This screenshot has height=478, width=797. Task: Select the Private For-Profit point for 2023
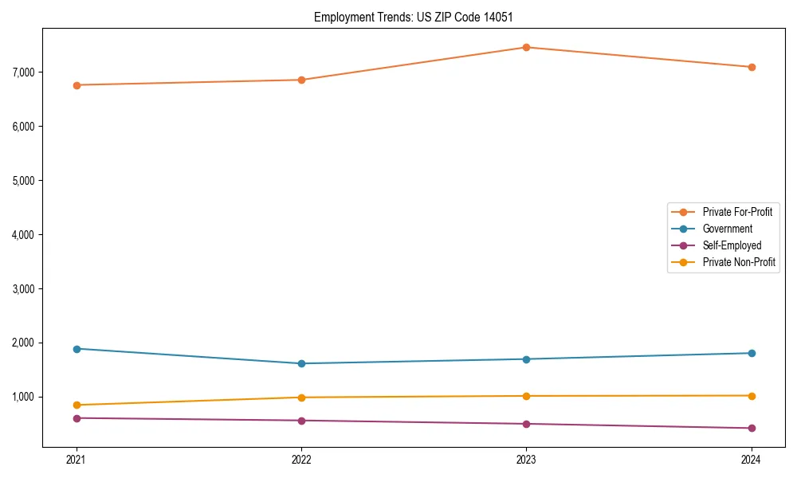coord(526,47)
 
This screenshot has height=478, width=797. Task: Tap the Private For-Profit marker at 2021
coord(77,85)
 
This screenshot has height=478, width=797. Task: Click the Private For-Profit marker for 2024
coord(752,67)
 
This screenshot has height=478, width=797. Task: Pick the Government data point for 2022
coord(301,363)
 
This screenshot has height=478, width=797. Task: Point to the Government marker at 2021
coord(77,349)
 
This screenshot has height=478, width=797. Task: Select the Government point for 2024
coord(752,353)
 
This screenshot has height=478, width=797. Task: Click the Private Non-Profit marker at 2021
coord(77,405)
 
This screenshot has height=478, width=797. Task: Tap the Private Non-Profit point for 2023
coord(526,396)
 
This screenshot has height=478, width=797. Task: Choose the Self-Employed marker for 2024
coord(752,428)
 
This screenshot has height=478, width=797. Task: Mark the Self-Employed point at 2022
coord(301,421)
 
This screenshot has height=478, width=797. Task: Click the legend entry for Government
coord(727,229)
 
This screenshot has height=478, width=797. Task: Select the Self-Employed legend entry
coord(732,245)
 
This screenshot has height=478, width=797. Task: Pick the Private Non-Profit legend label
coord(739,262)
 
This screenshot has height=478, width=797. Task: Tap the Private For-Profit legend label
coord(737,212)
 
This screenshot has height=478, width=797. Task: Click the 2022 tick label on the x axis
coord(301,460)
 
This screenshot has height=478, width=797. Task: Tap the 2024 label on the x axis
coord(752,460)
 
